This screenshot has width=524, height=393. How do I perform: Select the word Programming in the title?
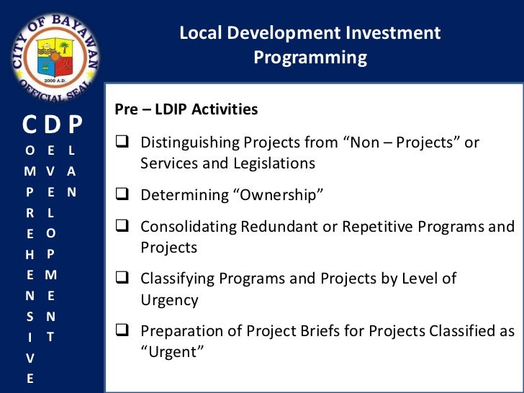click(310, 58)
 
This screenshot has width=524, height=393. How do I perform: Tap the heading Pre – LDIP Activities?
click(186, 110)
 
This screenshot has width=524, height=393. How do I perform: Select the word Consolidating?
click(186, 227)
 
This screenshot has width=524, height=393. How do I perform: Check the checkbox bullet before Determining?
click(122, 195)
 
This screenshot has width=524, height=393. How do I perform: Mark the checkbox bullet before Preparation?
click(122, 331)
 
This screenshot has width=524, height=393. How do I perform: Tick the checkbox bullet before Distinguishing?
click(122, 143)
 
